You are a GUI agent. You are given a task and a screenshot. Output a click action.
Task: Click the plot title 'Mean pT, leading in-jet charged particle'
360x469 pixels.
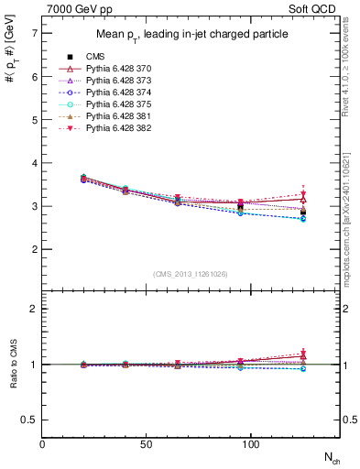pyautogui.click(x=191, y=35)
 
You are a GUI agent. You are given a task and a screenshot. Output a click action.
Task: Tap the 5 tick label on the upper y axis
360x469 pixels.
pyautogui.click(x=35, y=120)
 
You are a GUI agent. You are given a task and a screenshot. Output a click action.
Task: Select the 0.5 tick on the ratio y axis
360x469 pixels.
pyautogui.click(x=30, y=420)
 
